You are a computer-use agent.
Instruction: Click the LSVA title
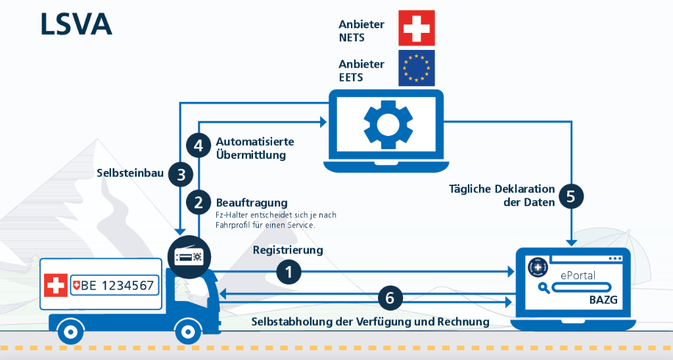(76, 24)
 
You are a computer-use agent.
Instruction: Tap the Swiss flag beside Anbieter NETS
(416, 28)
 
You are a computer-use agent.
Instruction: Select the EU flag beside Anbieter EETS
(416, 68)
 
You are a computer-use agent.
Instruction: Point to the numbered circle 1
(289, 271)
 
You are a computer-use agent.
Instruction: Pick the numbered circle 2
(198, 202)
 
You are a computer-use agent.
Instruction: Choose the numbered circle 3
(181, 174)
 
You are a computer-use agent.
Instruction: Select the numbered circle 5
(570, 196)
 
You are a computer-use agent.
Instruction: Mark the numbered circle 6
(390, 298)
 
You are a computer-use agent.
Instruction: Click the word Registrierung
(288, 250)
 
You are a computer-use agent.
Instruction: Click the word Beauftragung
(252, 202)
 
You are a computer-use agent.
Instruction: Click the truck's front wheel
(189, 331)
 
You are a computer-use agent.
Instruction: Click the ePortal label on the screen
(578, 275)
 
